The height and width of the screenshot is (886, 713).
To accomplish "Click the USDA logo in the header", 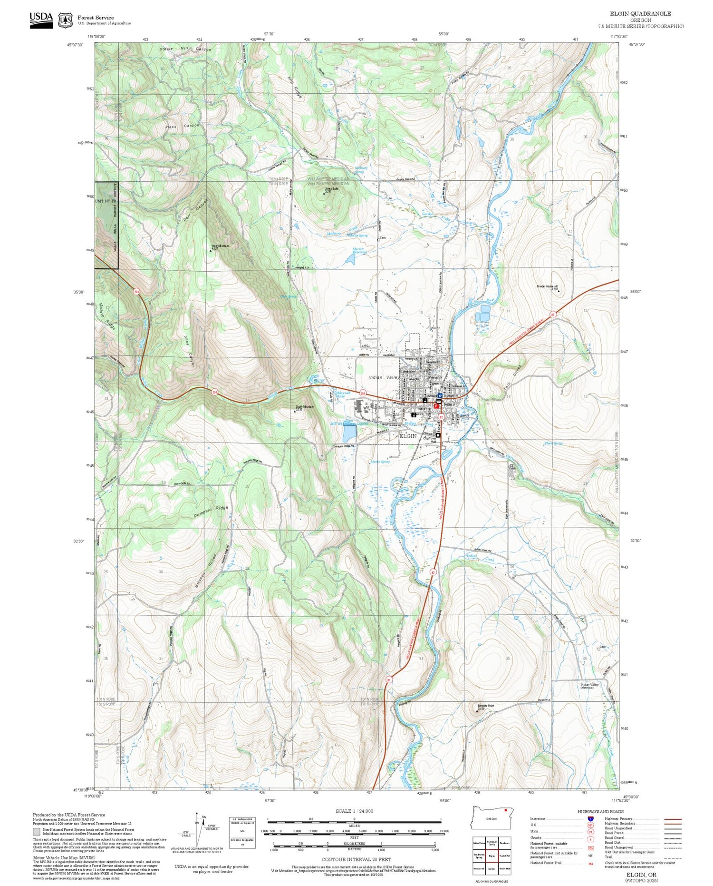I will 41,20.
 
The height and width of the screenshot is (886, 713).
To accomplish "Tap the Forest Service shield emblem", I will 65,20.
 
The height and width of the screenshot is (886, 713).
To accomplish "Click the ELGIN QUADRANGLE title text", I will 640,14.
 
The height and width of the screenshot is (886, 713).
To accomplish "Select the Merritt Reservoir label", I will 358,251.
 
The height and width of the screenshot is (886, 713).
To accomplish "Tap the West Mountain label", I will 220,246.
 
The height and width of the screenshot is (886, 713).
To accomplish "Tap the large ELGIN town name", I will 408,436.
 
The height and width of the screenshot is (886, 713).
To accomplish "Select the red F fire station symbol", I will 436,406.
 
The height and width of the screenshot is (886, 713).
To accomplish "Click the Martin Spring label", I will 380,462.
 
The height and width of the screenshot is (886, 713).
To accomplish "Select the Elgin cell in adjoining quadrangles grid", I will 491,855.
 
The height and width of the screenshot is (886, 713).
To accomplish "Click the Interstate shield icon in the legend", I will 590,818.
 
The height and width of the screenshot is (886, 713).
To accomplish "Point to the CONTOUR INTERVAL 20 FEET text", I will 356,859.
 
